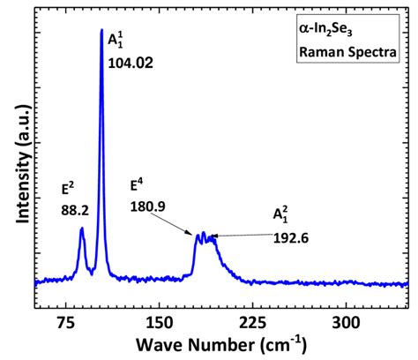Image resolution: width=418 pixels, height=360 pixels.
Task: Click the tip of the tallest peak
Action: pos(101,31)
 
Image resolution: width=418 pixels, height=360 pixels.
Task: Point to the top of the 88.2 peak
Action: pos(82,229)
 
